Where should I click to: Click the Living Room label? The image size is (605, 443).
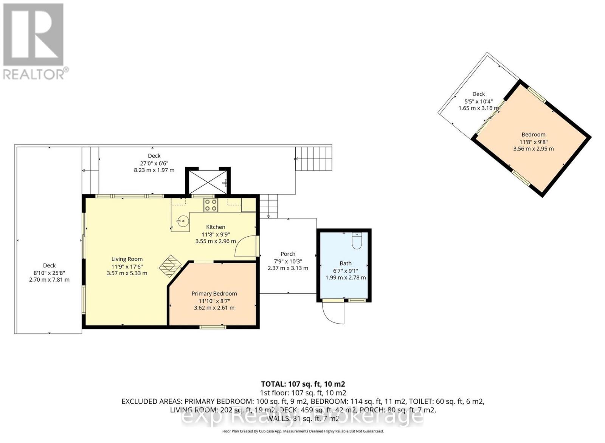(x=127, y=259)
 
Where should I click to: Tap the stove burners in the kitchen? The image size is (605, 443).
(x=211, y=205)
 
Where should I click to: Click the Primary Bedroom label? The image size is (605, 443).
(x=214, y=294)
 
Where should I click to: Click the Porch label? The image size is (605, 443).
(x=288, y=254)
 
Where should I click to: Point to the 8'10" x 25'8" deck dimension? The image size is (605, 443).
(x=49, y=273)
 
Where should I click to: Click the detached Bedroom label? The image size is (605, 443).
(x=533, y=135)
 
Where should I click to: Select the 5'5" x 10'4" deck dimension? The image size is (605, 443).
(x=478, y=101)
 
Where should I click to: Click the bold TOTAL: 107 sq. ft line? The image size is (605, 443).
(x=303, y=384)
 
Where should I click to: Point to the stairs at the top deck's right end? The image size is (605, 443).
(x=313, y=159)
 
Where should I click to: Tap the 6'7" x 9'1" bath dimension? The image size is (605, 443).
(x=345, y=271)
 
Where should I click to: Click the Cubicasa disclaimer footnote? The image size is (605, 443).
(x=302, y=431)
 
